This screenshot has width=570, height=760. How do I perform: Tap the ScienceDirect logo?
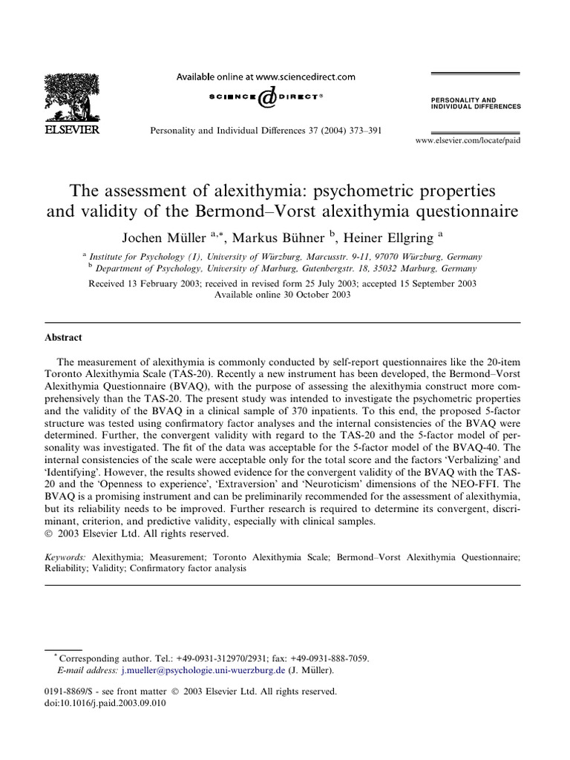pyautogui.click(x=266, y=96)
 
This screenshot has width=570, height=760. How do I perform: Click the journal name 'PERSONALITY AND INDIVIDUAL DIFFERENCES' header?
pyautogui.click(x=476, y=102)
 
